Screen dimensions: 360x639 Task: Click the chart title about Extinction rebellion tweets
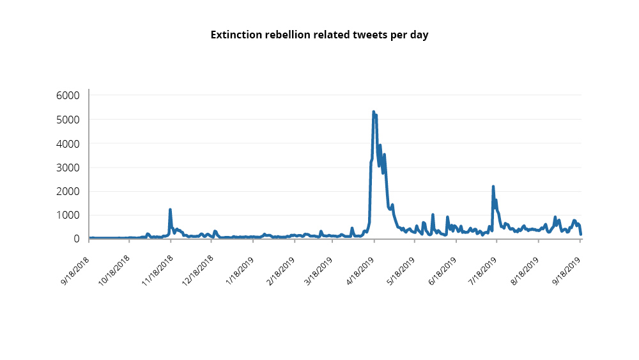pos(319,35)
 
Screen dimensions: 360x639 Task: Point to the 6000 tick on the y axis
pos(68,96)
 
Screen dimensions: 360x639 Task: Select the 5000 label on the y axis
pos(68,120)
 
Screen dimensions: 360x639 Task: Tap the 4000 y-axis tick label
pos(68,144)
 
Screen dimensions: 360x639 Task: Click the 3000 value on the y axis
pos(68,168)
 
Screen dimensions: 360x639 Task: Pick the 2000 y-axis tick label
pos(68,191)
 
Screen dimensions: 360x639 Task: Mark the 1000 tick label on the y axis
pos(68,215)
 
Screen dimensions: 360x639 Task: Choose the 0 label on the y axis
pos(76,239)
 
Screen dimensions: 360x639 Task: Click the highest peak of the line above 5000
pos(374,112)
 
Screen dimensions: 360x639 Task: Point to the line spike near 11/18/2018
pos(170,210)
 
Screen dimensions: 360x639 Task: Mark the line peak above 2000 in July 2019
pos(493,187)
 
